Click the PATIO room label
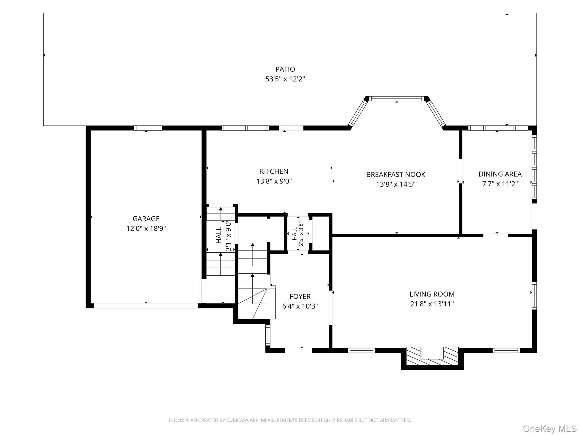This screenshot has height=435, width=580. (x=285, y=69)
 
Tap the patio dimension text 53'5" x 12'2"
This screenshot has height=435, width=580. (x=285, y=79)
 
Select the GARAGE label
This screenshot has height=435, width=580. (x=146, y=219)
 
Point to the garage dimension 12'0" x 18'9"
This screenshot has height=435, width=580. (x=146, y=229)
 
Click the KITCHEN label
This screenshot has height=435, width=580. (x=274, y=171)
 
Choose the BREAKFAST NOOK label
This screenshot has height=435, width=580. (x=396, y=174)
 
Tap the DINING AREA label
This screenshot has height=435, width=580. (x=500, y=174)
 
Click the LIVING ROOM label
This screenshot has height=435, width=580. (x=432, y=294)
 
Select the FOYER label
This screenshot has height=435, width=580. (x=300, y=297)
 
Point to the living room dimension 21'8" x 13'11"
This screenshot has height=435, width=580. (x=432, y=304)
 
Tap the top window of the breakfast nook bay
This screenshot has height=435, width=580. (x=397, y=99)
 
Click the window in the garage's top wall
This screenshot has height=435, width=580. (x=148, y=128)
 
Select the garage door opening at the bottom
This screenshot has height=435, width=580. (x=146, y=306)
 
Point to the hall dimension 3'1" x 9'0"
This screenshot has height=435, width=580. (x=228, y=236)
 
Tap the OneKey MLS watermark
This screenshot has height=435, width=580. (x=550, y=428)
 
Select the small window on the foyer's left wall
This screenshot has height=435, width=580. (x=268, y=335)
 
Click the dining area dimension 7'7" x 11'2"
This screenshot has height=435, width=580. (x=500, y=184)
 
